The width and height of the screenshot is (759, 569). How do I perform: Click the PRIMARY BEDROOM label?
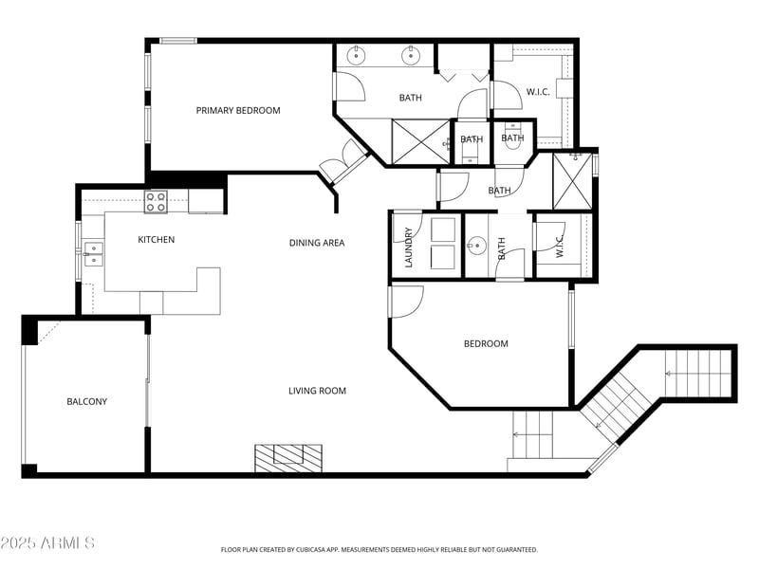pyautogui.click(x=238, y=111)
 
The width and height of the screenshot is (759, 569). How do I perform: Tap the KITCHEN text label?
pyautogui.click(x=157, y=240)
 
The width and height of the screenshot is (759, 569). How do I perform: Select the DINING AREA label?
pyautogui.click(x=317, y=243)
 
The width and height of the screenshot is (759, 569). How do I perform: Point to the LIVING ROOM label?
pyautogui.click(x=317, y=391)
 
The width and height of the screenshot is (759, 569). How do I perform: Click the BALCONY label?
pyautogui.click(x=86, y=402)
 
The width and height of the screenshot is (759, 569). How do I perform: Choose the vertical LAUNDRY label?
pyautogui.click(x=409, y=248)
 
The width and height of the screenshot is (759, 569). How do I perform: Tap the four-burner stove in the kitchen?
pyautogui.click(x=156, y=201)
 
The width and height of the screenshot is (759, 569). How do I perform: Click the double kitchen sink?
pyautogui.click(x=92, y=250)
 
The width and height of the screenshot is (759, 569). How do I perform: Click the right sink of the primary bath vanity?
pyautogui.click(x=411, y=56)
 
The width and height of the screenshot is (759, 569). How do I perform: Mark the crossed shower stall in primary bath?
pyautogui.click(x=421, y=143)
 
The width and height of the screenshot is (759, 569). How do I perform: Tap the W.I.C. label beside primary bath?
pyautogui.click(x=538, y=92)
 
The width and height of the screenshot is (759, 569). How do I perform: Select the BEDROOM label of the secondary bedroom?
pyautogui.click(x=486, y=344)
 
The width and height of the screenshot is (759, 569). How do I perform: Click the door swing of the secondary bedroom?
pyautogui.click(x=406, y=302)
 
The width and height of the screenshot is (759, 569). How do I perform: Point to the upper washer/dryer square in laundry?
pyautogui.click(x=443, y=229)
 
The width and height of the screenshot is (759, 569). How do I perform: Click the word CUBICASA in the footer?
pyautogui.click(x=337, y=549)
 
